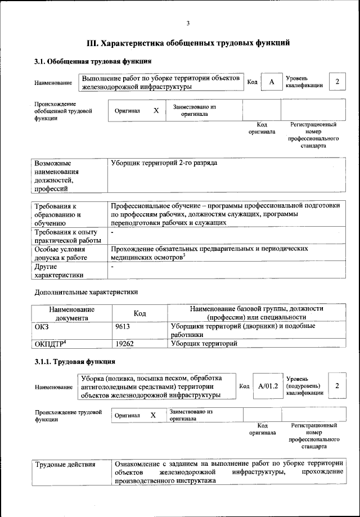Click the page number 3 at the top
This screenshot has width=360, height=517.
point(188,23)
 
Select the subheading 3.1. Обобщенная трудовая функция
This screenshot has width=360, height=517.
point(93,61)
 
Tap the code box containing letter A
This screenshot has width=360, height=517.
point(272,82)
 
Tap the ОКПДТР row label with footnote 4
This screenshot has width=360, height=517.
point(47,343)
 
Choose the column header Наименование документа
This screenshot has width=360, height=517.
point(71,313)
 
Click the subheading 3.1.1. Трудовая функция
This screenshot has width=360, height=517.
point(75,361)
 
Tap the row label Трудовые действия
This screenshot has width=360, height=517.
point(65,465)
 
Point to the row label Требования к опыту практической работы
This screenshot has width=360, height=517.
point(67,236)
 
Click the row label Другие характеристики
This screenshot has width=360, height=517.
point(59,271)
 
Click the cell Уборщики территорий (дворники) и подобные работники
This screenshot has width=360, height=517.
point(242,330)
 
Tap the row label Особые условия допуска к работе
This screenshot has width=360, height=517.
point(65,253)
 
